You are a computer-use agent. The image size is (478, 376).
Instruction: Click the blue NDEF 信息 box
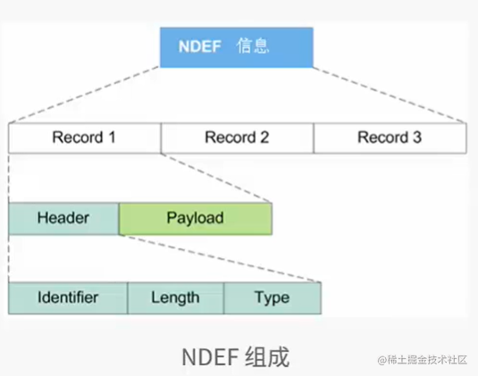(x=237, y=46)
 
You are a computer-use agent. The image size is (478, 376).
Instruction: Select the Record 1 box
(x=84, y=138)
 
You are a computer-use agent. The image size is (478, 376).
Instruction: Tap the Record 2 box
(x=237, y=138)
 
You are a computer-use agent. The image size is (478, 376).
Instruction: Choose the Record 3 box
(x=390, y=138)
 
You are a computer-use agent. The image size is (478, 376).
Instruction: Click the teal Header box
(x=63, y=218)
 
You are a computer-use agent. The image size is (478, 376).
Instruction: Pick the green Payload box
(x=195, y=218)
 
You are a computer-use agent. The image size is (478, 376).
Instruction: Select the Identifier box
(x=68, y=297)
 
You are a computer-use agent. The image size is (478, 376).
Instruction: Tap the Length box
(x=175, y=297)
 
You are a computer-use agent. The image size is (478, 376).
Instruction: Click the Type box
(x=272, y=297)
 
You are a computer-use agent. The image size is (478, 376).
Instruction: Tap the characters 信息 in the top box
(x=255, y=45)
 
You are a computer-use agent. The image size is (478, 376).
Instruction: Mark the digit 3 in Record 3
(x=416, y=138)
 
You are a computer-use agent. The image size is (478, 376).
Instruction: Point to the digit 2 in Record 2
(x=264, y=138)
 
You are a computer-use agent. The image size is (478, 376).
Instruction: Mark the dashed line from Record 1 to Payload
(x=217, y=177)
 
